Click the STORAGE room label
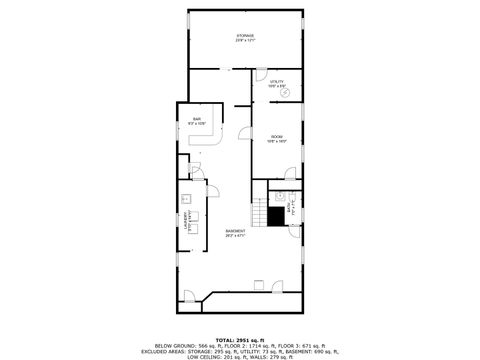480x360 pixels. pos(245,36)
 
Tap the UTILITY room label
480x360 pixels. pos(278,81)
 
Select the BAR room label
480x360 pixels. pos(198,120)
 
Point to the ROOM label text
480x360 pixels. pos(276,136)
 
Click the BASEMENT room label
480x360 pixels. pos(236,231)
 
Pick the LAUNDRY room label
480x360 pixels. pos(187,222)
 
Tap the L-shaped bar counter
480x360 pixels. pos(204,140)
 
